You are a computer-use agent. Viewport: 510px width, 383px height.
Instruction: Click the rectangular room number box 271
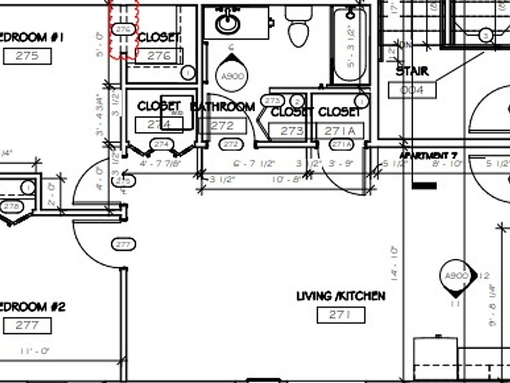(341, 315)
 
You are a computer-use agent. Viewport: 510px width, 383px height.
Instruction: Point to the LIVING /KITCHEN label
(341, 296)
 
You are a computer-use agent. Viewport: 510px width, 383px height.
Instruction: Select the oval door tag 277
(123, 245)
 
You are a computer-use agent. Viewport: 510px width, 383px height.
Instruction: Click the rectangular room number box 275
(27, 56)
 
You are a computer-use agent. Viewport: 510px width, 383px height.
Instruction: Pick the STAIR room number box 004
(412, 90)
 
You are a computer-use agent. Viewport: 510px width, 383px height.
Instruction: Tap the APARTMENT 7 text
(428, 155)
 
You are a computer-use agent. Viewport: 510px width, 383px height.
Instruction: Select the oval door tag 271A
(341, 144)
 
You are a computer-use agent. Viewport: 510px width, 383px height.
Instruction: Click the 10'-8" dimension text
(286, 180)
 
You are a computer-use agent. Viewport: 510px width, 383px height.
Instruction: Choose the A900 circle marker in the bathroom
(232, 76)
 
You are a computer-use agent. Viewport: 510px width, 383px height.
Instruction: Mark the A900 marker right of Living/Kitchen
(456, 276)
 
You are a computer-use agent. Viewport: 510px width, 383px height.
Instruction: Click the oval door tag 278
(11, 206)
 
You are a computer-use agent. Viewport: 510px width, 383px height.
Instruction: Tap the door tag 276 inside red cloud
(123, 29)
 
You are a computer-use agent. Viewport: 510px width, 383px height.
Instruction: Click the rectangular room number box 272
(222, 126)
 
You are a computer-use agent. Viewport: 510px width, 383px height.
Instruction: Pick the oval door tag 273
(273, 101)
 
